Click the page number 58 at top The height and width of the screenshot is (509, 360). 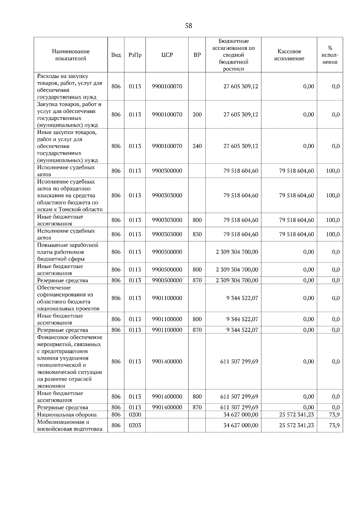click(x=188, y=26)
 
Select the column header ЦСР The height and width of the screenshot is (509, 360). click(x=167, y=55)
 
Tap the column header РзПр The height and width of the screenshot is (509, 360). click(x=135, y=55)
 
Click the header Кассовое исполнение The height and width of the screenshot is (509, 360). click(x=289, y=55)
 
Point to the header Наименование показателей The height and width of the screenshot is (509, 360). click(x=70, y=55)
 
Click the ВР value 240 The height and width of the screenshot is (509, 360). click(x=197, y=146)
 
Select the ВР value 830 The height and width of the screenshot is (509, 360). click(x=197, y=234)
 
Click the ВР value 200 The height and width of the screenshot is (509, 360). click(x=197, y=115)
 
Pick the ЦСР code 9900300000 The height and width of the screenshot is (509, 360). click(x=167, y=171)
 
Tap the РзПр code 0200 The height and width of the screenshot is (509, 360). click(x=135, y=415)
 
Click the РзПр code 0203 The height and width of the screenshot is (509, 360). click(x=135, y=425)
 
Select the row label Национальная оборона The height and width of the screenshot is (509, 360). click(x=67, y=415)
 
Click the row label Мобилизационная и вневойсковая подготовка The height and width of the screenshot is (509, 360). click(x=70, y=425)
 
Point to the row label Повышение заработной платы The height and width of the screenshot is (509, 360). click(x=67, y=252)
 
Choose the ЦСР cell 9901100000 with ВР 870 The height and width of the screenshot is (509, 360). click(x=167, y=330)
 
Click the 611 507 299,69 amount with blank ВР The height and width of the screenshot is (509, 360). click(x=239, y=362)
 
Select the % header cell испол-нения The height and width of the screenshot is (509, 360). click(x=330, y=55)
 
